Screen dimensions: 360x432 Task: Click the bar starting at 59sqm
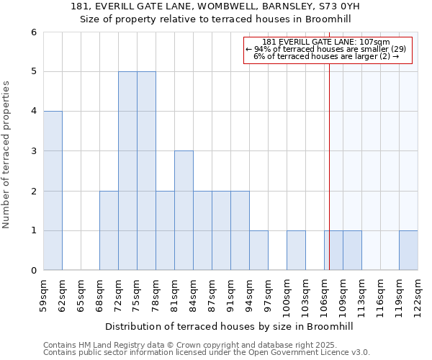53,191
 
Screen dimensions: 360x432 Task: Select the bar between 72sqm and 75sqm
127,171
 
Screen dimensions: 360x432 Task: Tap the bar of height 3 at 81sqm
184,210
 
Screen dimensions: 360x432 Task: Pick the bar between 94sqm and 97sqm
258,250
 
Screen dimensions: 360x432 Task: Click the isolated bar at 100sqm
296,250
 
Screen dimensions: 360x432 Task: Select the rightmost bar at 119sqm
408,250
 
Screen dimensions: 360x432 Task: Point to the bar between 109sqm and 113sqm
352,250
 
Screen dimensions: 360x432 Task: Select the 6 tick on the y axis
33,32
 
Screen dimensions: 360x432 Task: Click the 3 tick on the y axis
33,151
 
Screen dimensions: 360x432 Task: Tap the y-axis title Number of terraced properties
7,155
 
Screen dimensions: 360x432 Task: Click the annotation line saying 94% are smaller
326,49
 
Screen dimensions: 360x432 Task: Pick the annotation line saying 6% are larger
326,56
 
